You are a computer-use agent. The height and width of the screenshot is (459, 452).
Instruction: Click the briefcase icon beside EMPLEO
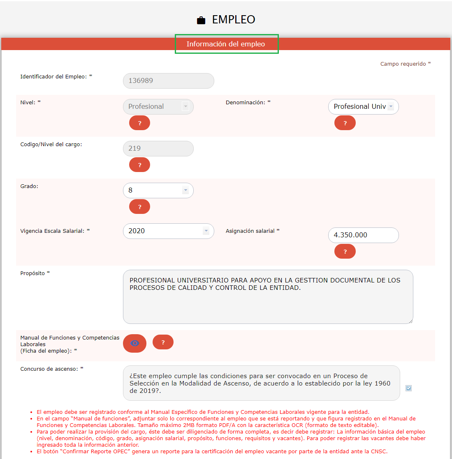[201, 20]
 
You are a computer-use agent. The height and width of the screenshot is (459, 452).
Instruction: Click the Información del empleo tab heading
[226, 44]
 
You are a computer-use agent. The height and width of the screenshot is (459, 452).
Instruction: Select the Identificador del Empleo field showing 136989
[168, 81]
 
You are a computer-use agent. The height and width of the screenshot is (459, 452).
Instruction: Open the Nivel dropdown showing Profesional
[158, 107]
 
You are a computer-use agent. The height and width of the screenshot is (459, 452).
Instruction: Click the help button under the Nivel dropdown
[139, 123]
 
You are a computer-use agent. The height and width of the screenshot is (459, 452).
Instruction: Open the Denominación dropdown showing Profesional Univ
[363, 107]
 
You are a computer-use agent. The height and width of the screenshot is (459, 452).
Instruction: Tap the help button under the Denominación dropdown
[345, 123]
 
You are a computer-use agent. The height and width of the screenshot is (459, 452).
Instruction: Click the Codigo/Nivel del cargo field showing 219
[158, 149]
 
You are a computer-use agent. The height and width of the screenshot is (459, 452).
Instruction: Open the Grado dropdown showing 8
[158, 190]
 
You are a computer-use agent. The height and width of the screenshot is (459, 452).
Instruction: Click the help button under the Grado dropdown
[139, 207]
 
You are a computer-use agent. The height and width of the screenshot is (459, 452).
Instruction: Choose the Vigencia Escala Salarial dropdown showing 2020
[168, 231]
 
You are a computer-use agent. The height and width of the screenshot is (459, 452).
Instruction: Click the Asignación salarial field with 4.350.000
[363, 235]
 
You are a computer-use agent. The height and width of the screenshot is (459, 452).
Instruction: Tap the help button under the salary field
[345, 252]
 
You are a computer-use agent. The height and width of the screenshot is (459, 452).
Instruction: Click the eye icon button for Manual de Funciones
[134, 343]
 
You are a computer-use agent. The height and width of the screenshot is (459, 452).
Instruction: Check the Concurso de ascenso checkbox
[408, 388]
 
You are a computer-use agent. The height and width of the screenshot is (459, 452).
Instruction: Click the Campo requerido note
[405, 64]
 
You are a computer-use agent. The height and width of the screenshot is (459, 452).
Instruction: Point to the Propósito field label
[35, 273]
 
